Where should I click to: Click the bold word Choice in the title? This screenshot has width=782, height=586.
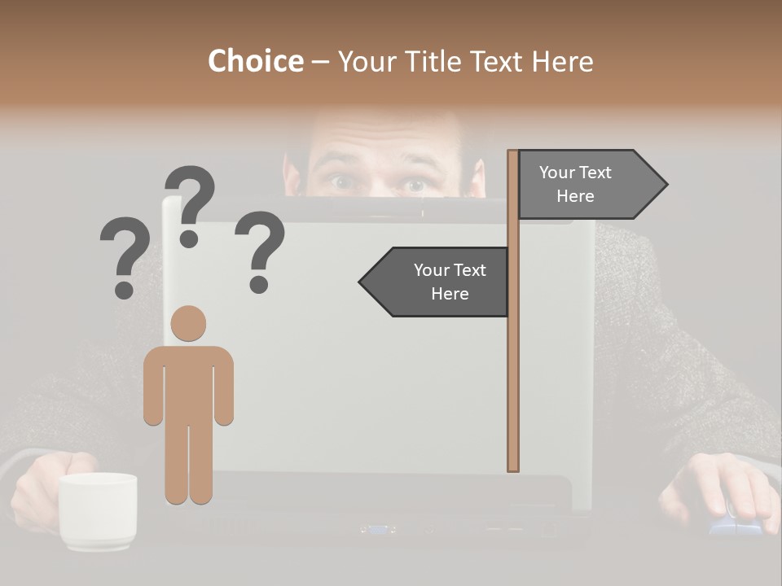tap(255, 62)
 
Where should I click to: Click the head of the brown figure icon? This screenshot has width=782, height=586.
tap(188, 323)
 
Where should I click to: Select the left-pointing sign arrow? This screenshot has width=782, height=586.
tap(436, 282)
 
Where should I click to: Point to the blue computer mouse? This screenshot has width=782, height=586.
tap(733, 521)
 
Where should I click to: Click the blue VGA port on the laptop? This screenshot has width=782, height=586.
tap(377, 529)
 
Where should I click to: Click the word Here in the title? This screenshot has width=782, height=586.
tap(562, 62)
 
